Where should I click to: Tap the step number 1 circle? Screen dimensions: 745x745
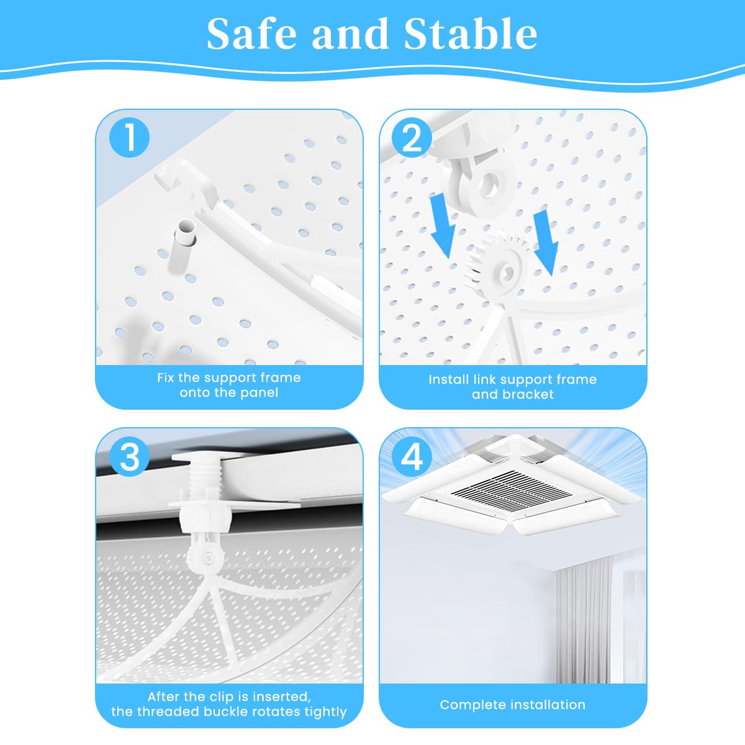pyautogui.click(x=130, y=137)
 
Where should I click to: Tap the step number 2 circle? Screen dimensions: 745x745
pyautogui.click(x=411, y=137)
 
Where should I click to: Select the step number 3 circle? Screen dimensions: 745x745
pyautogui.click(x=130, y=458)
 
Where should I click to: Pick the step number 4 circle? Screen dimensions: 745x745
pyautogui.click(x=411, y=458)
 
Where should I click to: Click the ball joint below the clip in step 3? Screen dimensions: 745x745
pyautogui.click(x=204, y=555)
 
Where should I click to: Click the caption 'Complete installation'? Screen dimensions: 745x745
pyautogui.click(x=512, y=705)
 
